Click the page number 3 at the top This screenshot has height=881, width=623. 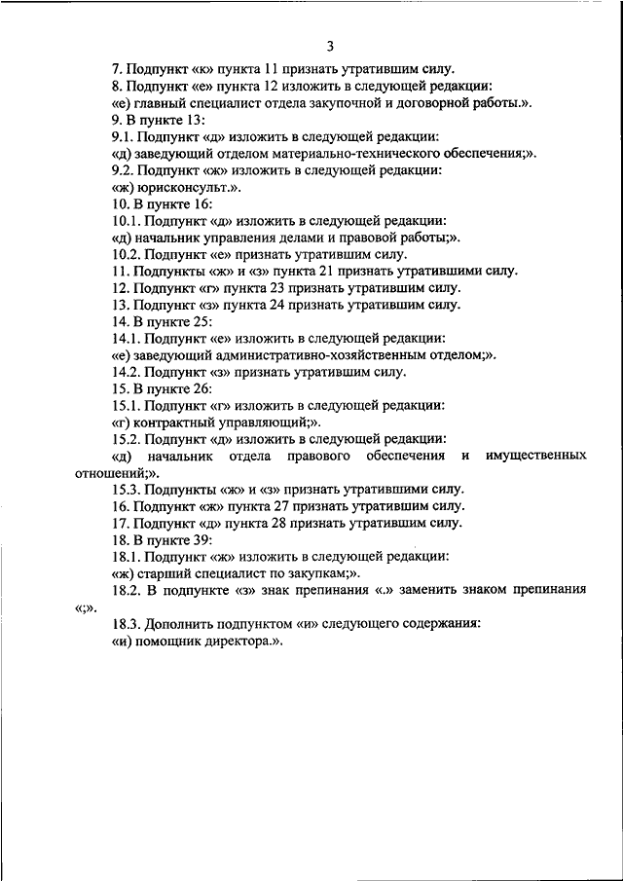330,46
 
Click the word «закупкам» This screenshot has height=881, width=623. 300,573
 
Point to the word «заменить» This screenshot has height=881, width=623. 441,590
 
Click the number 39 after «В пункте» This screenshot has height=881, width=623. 202,539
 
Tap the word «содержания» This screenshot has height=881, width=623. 436,623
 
